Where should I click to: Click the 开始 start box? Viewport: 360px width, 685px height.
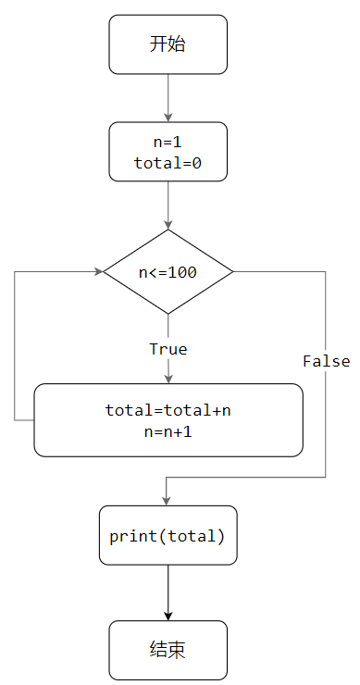tap(168, 44)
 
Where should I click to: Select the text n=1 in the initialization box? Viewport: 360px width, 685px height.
tap(168, 142)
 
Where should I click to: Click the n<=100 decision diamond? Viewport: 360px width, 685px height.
tap(168, 272)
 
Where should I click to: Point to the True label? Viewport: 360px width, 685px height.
tap(168, 349)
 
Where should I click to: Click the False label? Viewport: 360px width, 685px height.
tap(326, 361)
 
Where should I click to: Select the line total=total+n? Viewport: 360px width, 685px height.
tap(168, 410)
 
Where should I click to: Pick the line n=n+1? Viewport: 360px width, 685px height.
tap(168, 430)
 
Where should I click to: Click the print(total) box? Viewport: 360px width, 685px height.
tap(168, 535)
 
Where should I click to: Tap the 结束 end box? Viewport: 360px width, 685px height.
tap(168, 650)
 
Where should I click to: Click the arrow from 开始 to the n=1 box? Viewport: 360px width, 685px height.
tap(168, 97)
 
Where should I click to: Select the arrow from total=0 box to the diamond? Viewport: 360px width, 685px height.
tap(168, 204)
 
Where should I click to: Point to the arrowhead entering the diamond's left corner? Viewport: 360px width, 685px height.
tap(98, 272)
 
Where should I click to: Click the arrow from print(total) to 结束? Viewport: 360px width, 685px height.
tap(168, 592)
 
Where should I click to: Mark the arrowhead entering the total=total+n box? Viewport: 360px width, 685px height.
tap(168, 378)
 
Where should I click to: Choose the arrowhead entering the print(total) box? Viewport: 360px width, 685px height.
tap(168, 500)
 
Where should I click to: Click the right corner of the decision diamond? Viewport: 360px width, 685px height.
tap(232, 272)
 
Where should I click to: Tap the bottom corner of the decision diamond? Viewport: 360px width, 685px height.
tap(168, 314)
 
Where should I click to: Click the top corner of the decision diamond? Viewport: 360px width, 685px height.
tap(168, 230)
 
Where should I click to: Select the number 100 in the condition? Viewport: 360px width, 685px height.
tap(183, 272)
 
